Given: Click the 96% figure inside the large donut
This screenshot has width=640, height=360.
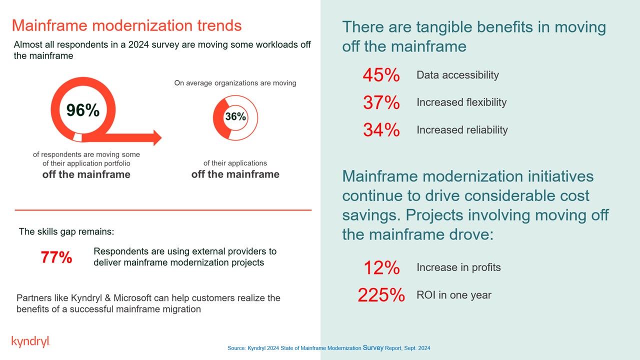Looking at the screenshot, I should click(83, 110).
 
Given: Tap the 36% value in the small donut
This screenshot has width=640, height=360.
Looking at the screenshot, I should click(235, 117).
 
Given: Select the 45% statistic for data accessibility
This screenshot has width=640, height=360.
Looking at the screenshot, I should click(381, 75).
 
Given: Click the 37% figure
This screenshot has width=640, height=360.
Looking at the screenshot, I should click(381, 102).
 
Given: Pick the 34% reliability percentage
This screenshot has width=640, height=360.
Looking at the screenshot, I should click(381, 130).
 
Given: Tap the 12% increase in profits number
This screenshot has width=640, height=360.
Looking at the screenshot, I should click(381, 268).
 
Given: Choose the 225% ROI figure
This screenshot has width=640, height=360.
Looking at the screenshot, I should click(381, 295).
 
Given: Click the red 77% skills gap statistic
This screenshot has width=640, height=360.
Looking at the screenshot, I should click(56, 257).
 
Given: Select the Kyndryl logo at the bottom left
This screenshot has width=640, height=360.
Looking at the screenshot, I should click(30, 342).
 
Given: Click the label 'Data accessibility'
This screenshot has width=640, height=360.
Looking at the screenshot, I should click(457, 75).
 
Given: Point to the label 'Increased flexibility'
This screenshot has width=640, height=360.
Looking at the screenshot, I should click(461, 102).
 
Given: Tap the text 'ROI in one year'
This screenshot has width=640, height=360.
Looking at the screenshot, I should click(454, 295).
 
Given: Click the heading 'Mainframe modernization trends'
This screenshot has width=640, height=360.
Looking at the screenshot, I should click(126, 25).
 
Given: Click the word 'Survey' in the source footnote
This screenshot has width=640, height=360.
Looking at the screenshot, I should click(373, 347).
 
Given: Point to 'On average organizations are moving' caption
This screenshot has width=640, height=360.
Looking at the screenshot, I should click(235, 83).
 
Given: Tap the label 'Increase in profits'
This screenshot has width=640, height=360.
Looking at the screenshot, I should click(458, 267).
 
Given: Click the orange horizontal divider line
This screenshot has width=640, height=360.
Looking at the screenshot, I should click(163, 210).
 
